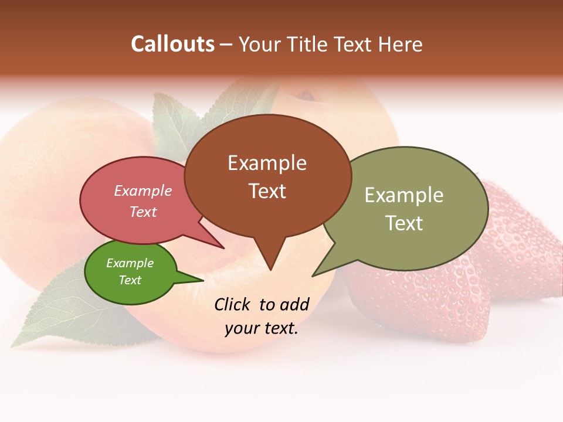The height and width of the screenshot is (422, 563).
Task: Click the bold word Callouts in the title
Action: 172,45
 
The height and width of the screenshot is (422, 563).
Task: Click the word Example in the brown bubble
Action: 267,163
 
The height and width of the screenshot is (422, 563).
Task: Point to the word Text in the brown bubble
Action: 267,191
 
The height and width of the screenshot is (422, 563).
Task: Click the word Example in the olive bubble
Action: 403,195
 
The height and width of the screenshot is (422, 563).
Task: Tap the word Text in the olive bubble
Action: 403,223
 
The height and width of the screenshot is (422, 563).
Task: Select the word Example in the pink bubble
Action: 143,191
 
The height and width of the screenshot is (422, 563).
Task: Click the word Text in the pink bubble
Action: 143,212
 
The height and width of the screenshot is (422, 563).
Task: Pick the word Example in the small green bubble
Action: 130,263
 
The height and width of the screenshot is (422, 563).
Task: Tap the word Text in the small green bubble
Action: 130,280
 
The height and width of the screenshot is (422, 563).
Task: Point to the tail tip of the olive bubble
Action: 313,275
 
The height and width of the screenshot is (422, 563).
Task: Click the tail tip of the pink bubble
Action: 223,248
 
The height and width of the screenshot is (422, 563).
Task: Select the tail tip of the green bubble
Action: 203,280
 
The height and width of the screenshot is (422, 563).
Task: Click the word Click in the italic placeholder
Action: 233,304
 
